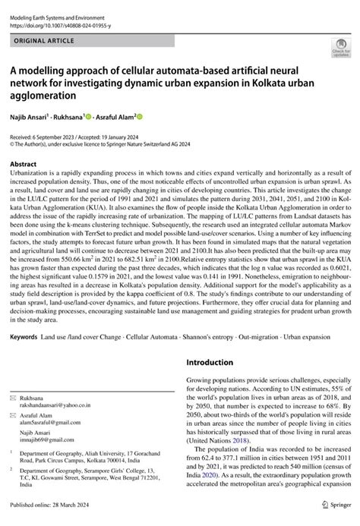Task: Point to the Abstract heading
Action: [x=25, y=163]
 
